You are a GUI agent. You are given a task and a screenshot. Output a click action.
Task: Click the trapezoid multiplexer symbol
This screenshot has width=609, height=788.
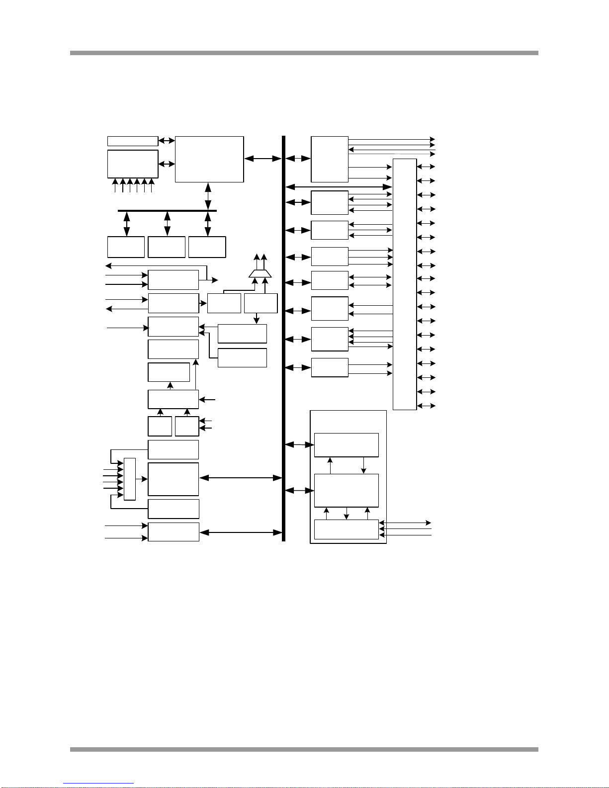[x=260, y=274]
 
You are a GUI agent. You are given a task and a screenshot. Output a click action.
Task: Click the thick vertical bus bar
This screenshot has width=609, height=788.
[x=283, y=338]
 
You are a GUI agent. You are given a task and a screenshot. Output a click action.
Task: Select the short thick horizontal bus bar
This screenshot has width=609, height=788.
[x=167, y=210]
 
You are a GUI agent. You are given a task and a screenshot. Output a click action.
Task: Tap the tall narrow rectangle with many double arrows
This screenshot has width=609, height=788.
[x=405, y=284]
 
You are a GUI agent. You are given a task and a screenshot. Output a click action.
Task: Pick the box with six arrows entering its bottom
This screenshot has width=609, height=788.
[x=133, y=164]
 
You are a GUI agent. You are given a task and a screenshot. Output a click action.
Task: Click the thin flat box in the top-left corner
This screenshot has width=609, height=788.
[x=133, y=141]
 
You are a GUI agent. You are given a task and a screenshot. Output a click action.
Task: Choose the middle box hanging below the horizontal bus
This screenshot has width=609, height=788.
[x=167, y=247]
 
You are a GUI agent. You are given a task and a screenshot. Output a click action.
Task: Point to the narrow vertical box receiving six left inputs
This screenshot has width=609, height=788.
[x=129, y=479]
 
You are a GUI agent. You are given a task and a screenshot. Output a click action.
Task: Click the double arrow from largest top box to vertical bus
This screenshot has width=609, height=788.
[x=263, y=159]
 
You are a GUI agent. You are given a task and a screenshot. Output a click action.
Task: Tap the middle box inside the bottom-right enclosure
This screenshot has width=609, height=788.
[x=347, y=490]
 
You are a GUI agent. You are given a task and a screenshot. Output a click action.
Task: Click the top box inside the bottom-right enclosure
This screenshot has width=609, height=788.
[x=347, y=445]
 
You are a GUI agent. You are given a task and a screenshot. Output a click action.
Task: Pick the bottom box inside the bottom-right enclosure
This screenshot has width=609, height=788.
[x=347, y=529]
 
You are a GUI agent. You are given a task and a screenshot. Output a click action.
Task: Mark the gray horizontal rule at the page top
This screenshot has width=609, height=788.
[x=304, y=53]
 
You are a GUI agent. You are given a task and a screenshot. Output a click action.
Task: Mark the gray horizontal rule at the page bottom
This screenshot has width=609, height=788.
[x=304, y=749]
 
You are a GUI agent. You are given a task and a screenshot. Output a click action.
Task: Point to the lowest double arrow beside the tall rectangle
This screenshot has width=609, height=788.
[x=426, y=406]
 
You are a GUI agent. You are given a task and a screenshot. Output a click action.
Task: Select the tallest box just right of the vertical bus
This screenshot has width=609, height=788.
[x=330, y=159]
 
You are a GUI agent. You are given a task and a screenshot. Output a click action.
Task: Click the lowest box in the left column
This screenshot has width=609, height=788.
[x=174, y=532]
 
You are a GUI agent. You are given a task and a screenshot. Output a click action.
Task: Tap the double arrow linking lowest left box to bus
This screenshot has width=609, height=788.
[x=241, y=532]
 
